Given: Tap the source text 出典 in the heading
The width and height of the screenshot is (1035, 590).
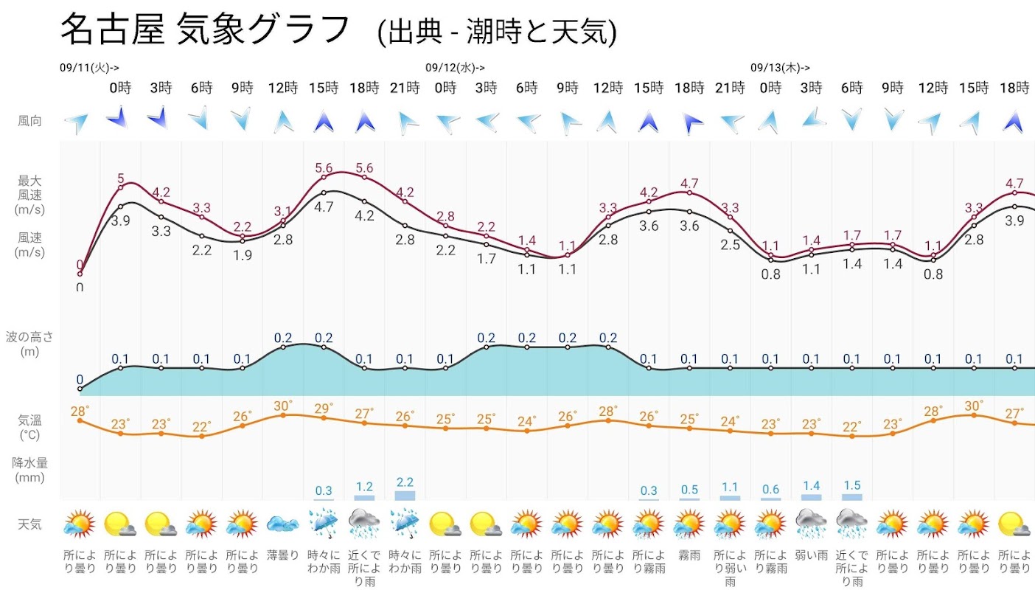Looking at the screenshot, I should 408,32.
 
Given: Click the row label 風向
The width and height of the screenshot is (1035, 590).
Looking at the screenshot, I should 29,121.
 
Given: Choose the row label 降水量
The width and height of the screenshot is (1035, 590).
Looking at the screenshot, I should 29,463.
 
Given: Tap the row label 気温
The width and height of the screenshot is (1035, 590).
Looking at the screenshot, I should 29,420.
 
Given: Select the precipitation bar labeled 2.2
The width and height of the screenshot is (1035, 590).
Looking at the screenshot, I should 405,496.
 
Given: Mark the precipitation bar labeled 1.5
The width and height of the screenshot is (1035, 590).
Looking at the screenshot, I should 851,497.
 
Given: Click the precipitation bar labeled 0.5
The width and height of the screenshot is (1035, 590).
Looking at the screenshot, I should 689,499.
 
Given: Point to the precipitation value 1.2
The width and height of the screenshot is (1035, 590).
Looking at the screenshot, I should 364,487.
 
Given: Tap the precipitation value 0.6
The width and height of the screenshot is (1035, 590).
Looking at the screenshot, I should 770,490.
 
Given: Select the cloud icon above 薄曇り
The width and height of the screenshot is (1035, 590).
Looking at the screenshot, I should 283,524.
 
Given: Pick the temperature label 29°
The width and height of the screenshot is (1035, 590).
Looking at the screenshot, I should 324,408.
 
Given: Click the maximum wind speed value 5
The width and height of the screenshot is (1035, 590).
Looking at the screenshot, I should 121,178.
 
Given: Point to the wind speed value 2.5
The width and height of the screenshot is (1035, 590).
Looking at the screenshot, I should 730,245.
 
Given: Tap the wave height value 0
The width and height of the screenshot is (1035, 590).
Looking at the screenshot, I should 80,380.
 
